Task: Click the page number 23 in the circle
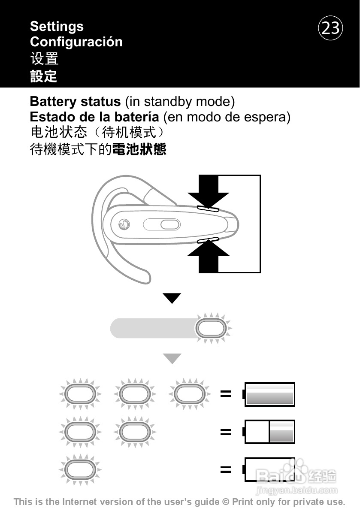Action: [330, 28]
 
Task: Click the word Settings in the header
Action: [57, 27]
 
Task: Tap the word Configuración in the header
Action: [76, 42]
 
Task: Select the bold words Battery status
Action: [75, 102]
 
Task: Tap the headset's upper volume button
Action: [208, 209]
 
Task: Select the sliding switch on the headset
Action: [161, 224]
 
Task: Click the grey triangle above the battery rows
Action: [172, 359]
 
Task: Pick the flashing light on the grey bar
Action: [211, 329]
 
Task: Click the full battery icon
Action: [269, 394]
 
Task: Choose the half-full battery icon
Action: [269, 432]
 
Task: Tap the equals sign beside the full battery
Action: [226, 394]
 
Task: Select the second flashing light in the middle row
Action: [135, 432]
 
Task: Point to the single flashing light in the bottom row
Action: [80, 469]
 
